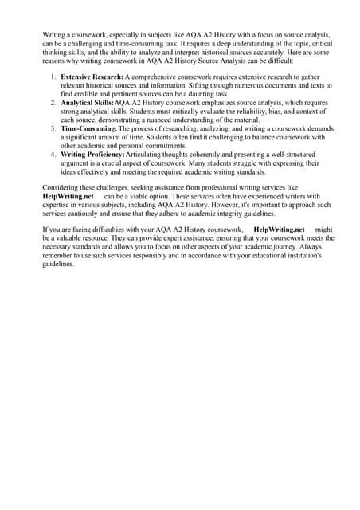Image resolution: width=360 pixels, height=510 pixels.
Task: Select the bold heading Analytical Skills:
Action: point(88,104)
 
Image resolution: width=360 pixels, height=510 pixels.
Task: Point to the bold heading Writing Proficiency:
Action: point(96,154)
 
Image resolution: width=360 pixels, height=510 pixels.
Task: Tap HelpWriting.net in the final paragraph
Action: point(279,229)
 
